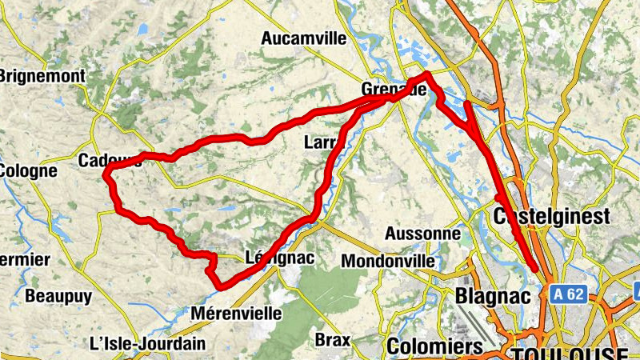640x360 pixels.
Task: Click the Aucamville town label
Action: tap(303, 38)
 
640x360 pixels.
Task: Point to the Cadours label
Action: tap(110, 161)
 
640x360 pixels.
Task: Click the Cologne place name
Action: tap(28, 170)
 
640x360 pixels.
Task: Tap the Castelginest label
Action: tap(552, 216)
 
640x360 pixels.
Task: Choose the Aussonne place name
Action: tap(422, 234)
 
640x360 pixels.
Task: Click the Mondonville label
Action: tap(388, 261)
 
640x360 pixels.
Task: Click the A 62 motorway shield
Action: tap(569, 294)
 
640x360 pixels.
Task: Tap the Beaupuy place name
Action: tap(58, 296)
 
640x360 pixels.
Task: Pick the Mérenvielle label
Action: tap(237, 314)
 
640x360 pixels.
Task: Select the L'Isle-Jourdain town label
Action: tap(147, 343)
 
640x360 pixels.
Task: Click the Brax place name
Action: tap(332, 339)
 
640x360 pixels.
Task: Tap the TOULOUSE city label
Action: tap(568, 354)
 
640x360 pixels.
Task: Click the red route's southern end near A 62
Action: tap(534, 269)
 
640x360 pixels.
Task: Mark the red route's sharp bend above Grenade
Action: tap(427, 74)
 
